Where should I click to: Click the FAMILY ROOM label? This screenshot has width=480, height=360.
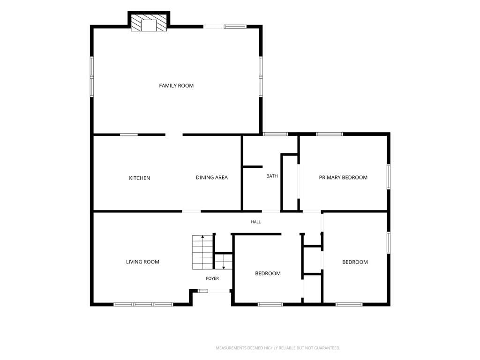tap(176, 86)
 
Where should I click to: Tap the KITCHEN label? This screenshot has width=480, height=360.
tap(140, 178)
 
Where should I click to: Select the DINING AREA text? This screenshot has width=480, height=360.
tap(212, 178)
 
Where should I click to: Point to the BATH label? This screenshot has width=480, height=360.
tap(272, 176)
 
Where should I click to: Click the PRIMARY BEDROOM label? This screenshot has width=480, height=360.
tap(343, 178)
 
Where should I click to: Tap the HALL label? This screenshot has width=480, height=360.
tap(256, 222)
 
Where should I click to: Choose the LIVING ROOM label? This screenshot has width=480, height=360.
tap(142, 262)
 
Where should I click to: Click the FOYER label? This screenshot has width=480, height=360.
tap(212, 278)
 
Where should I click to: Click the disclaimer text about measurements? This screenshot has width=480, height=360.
tap(278, 348)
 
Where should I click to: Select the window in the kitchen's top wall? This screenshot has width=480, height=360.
tap(128, 135)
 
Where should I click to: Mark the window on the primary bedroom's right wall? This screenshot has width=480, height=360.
tap(389, 177)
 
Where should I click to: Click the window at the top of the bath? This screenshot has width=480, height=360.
tap(276, 134)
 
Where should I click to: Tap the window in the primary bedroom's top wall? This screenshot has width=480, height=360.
tap(330, 134)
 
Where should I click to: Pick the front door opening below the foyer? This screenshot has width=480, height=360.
tap(219, 291)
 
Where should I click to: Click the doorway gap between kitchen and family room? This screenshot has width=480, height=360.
tap(174, 135)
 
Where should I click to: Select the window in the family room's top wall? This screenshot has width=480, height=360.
tap(235, 27)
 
